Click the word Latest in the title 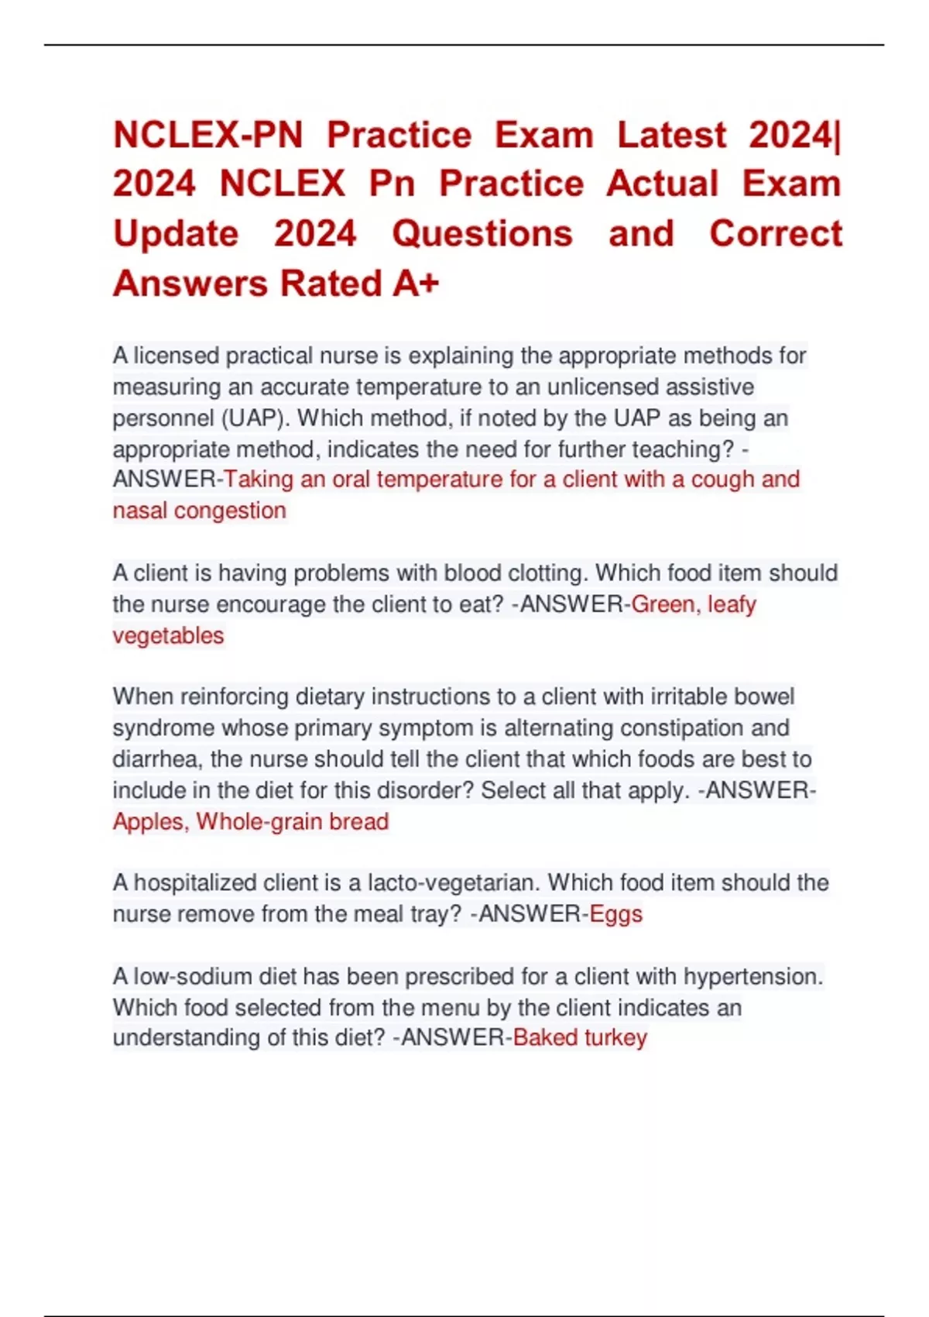[671, 135]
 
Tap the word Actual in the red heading [662, 184]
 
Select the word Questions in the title [482, 234]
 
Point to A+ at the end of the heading [416, 284]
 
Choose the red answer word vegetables [168, 636]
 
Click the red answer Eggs [615, 914]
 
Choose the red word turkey [615, 1038]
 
